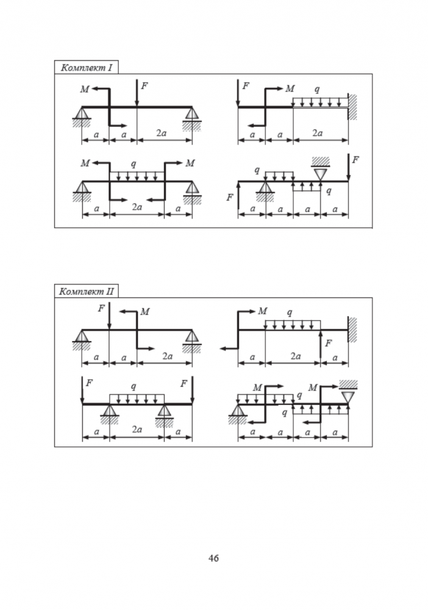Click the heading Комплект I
point(85,67)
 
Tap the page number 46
point(213,558)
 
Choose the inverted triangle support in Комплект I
point(321,174)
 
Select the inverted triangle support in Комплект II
point(348,396)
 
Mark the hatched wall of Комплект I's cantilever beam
point(352,107)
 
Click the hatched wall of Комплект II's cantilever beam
point(352,329)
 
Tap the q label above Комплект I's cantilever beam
point(316,89)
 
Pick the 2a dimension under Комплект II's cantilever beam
point(293,357)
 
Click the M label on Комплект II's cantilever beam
point(263,311)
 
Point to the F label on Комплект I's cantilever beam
point(245,86)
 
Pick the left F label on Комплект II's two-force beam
point(90,383)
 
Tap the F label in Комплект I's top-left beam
point(144,86)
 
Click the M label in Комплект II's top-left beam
point(145,312)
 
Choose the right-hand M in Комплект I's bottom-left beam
point(190,163)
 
